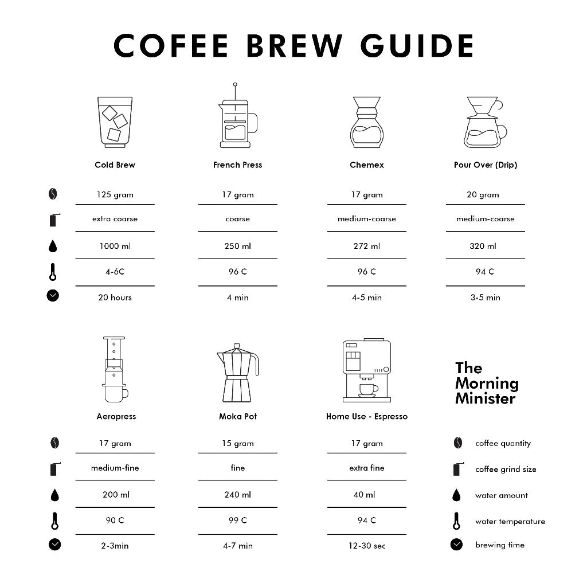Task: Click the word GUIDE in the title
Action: [x=417, y=46]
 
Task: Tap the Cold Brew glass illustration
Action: [x=115, y=122]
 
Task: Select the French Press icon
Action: [x=237, y=115]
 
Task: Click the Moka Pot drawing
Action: [x=238, y=373]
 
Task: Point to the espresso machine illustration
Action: [x=367, y=370]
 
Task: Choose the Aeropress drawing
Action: [x=115, y=369]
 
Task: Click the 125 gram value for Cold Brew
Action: [x=115, y=195]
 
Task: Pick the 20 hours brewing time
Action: [x=115, y=298]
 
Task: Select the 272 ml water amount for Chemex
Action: [x=367, y=246]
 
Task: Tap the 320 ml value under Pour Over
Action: [x=483, y=246]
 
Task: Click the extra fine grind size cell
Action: [x=367, y=468]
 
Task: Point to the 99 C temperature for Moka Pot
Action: [x=238, y=521]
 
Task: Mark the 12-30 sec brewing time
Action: [x=367, y=546]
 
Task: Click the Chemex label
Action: [x=367, y=165]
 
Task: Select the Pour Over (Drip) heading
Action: [x=486, y=165]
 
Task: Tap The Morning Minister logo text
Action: [x=487, y=383]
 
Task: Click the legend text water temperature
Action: [x=510, y=522]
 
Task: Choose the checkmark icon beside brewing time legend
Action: [x=456, y=545]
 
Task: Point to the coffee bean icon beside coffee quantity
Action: [x=457, y=443]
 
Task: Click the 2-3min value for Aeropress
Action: [x=115, y=546]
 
